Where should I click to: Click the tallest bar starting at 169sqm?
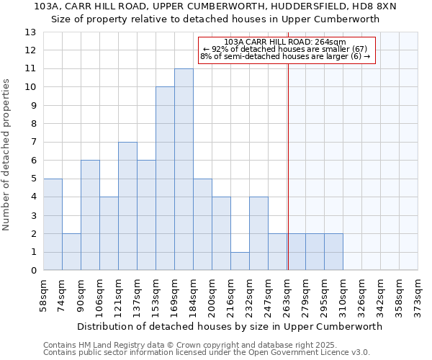tap(184, 169)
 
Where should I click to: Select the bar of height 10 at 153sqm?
tap(165, 179)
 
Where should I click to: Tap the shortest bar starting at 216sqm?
tap(240, 261)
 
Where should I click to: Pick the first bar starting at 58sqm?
tap(53, 224)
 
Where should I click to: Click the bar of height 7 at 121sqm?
tap(127, 206)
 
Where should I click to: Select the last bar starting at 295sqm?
tap(333, 252)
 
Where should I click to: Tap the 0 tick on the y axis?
tap(33, 271)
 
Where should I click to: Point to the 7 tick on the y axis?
tap(33, 142)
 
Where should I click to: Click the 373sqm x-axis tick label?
tap(418, 296)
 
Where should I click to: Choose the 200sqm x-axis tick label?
tap(212, 296)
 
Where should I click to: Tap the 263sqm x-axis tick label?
tap(287, 296)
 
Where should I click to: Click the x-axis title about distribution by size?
tap(230, 326)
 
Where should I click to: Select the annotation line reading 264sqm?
tap(285, 42)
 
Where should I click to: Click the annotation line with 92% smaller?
tap(285, 49)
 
